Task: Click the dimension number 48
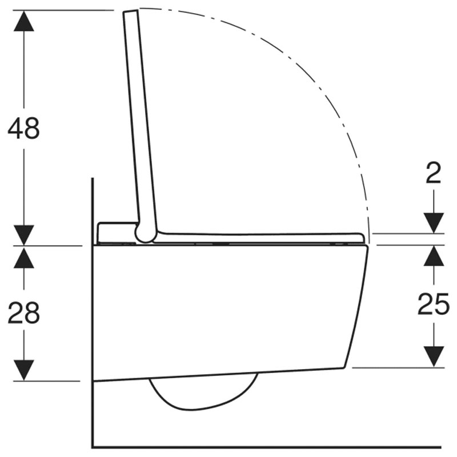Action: [x=23, y=128]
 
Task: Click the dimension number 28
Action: [x=23, y=312]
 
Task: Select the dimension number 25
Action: [x=434, y=304]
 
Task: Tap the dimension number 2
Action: [x=434, y=173]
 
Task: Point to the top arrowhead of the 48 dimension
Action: [x=23, y=21]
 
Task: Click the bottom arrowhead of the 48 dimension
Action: [x=23, y=235]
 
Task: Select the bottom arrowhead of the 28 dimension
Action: [x=23, y=370]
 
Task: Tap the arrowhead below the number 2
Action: [x=434, y=223]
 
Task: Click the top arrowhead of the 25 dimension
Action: [x=434, y=255]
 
